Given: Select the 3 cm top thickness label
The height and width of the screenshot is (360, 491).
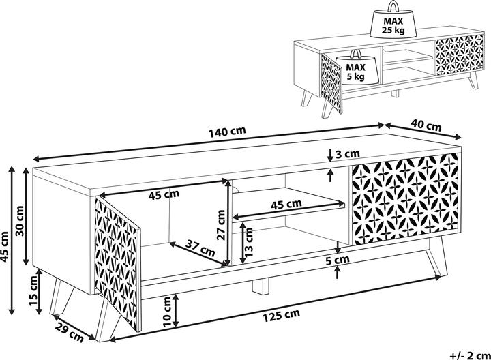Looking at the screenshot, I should coord(348,154).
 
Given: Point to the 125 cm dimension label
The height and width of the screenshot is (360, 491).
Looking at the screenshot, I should coord(281,314).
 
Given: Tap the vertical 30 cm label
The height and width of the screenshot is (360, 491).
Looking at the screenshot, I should coord(20,219).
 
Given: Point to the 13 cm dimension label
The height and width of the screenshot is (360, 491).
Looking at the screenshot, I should coord(250,239).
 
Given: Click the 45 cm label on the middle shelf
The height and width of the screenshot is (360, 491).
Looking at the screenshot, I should coord(286,204).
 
